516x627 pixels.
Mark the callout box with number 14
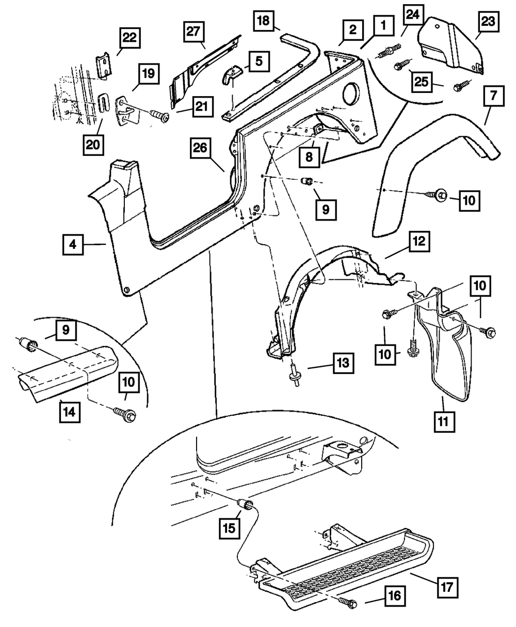[70, 413]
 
